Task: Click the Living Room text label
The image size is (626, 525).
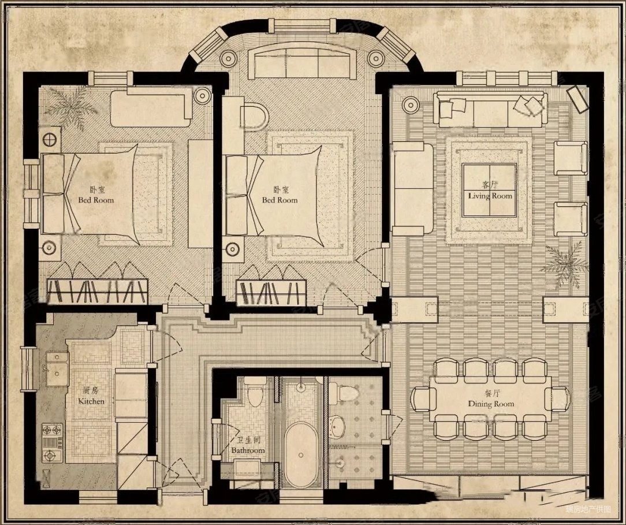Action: coord(490,192)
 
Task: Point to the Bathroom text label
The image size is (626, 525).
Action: coord(248,446)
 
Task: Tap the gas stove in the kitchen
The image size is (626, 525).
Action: coord(53,442)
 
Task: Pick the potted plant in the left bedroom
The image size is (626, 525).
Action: coord(71,108)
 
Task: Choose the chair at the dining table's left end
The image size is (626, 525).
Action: coord(424,399)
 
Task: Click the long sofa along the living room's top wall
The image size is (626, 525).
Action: coord(491,109)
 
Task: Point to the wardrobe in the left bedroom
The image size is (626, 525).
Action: coord(97,291)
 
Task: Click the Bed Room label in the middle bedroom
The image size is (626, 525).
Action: coord(280,196)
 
